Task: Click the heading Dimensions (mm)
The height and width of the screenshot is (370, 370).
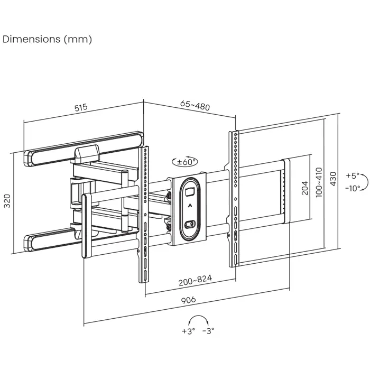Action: [x=48, y=40]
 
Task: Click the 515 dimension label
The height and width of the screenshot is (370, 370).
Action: [x=80, y=108]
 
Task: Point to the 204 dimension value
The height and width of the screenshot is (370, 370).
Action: [x=304, y=188]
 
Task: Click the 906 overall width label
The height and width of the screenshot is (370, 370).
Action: [x=189, y=300]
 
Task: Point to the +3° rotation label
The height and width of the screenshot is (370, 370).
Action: [x=189, y=331]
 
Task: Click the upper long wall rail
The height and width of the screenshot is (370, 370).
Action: [x=85, y=145]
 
